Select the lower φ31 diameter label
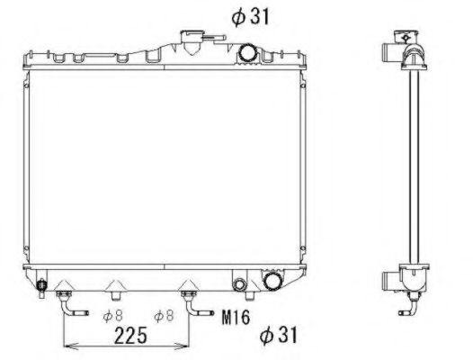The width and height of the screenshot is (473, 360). (278, 336)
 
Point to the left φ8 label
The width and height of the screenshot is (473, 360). (112, 315)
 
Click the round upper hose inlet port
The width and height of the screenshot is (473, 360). (247, 54)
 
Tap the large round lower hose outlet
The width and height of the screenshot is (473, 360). (272, 283)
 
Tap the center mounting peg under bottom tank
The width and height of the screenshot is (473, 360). (115, 290)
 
